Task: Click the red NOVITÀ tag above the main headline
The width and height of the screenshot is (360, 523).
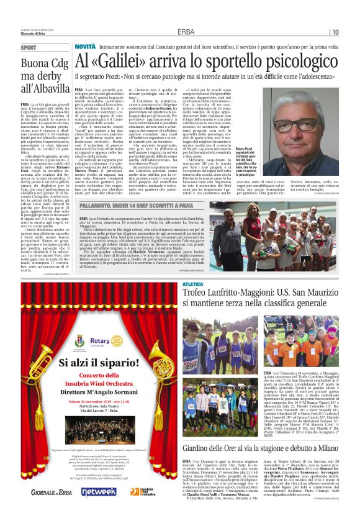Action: pos(85,47)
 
